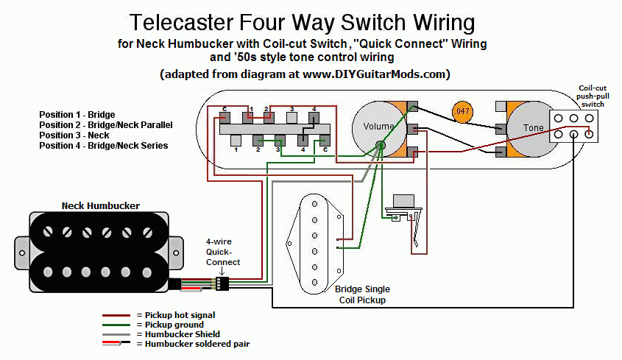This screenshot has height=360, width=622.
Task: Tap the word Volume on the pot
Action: (378, 126)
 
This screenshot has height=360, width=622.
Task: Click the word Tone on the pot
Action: (534, 128)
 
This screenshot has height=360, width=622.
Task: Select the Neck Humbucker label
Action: (101, 205)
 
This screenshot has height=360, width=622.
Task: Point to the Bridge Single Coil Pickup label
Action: (362, 294)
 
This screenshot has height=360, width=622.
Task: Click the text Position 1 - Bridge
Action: (78, 116)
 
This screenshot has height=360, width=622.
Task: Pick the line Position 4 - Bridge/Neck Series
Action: (104, 146)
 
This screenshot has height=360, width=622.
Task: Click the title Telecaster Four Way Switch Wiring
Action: (302, 22)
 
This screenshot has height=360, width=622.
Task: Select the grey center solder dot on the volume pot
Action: (380, 145)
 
